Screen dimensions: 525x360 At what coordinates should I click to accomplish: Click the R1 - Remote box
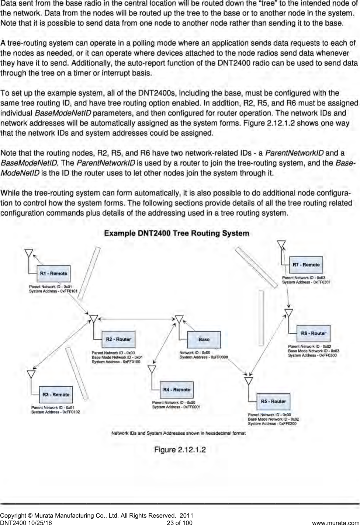53,274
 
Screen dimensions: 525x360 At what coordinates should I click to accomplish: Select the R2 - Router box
118,339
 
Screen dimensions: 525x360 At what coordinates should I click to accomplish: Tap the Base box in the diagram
204,340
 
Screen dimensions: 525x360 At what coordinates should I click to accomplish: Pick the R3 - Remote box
56,394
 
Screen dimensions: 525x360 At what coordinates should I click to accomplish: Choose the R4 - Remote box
177,390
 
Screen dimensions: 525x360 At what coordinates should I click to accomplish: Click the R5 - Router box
273,401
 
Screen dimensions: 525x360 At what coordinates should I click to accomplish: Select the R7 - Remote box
306,265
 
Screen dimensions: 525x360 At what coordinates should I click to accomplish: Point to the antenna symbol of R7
281,244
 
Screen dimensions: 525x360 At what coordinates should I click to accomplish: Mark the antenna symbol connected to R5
249,381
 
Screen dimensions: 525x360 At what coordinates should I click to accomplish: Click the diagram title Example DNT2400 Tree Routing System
177,233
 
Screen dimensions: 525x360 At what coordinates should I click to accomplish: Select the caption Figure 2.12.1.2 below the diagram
180,450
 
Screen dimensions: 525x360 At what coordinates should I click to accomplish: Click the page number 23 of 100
180,522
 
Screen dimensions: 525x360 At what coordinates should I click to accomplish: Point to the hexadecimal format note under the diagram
179,433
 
